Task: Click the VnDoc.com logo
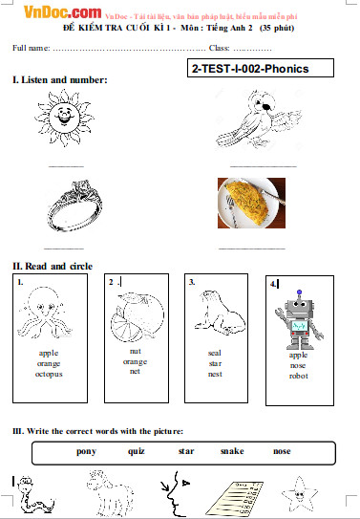62,12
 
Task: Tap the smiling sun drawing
65,118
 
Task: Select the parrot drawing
259,119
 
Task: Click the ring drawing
74,205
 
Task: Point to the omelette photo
251,203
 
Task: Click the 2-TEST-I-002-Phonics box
261,68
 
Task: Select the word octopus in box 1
49,375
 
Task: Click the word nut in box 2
136,351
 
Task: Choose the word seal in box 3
215,354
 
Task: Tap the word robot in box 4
299,376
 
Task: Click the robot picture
299,320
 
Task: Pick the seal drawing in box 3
220,313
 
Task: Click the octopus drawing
45,314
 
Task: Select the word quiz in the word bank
137,451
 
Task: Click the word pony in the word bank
86,452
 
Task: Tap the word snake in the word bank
232,451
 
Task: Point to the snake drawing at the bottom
35,494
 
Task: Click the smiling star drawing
300,493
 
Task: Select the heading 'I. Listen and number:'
60,79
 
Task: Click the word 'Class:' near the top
220,48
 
